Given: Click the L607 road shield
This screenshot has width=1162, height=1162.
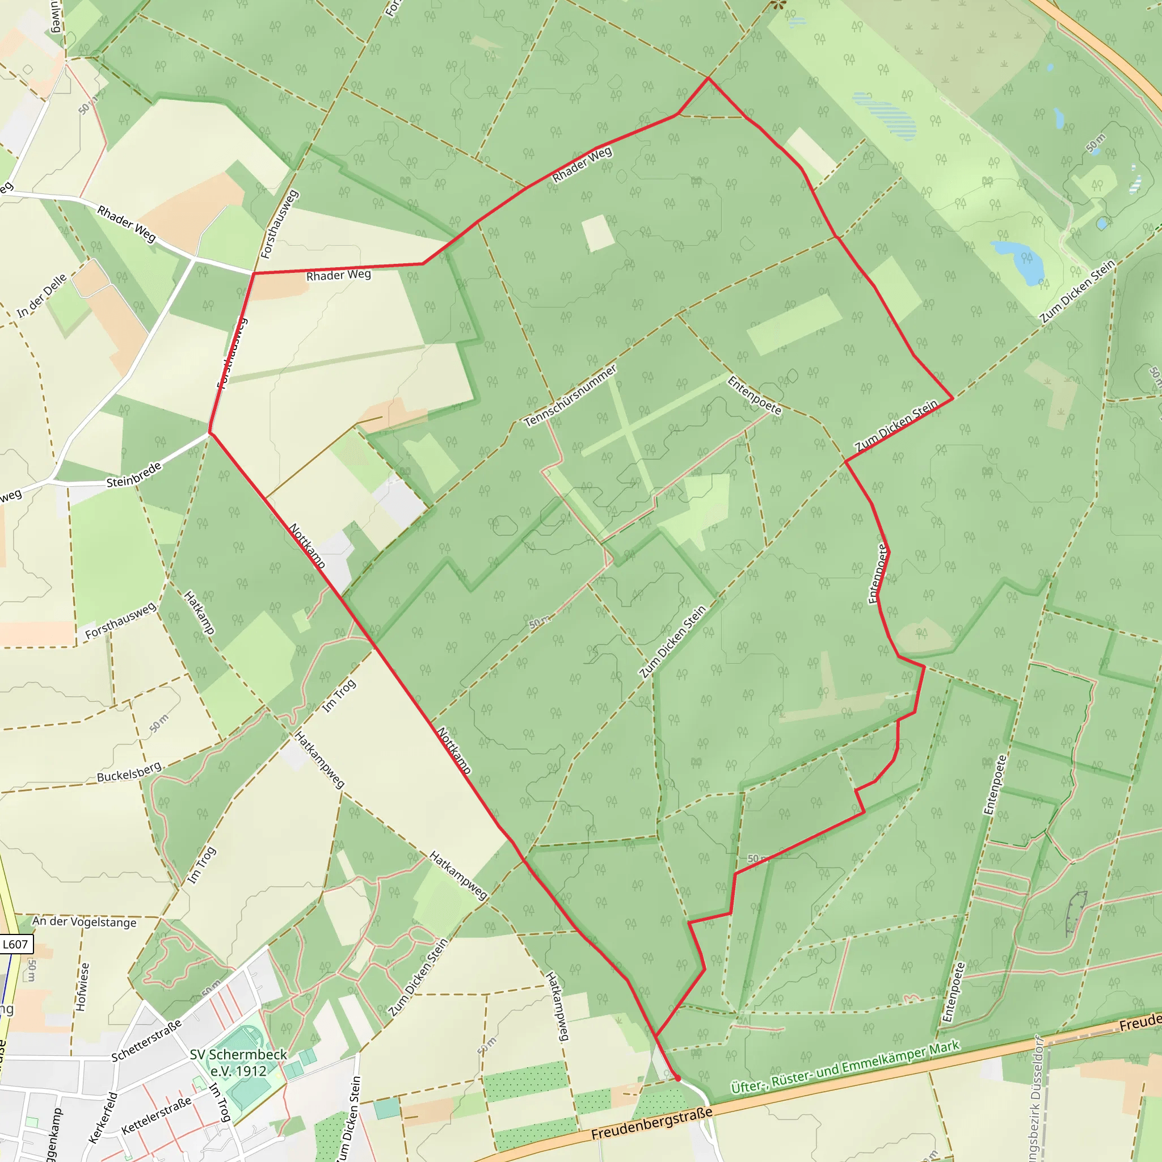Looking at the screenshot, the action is pyautogui.click(x=15, y=944).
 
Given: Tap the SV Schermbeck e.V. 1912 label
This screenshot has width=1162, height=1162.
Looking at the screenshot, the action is pyautogui.click(x=238, y=1063).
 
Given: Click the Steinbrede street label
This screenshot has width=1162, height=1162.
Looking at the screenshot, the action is pyautogui.click(x=133, y=474).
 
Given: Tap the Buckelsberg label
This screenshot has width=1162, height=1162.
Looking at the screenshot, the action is pyautogui.click(x=129, y=772).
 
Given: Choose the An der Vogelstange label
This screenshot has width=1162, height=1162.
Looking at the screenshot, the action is pyautogui.click(x=84, y=922).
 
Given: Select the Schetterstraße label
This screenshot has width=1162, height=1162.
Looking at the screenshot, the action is pyautogui.click(x=146, y=1041).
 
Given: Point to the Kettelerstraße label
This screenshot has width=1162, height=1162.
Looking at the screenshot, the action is pyautogui.click(x=157, y=1115).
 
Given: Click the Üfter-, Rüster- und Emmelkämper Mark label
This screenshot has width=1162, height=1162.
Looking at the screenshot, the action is pyautogui.click(x=845, y=1067).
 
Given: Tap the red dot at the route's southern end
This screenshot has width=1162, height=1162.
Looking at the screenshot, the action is pyautogui.click(x=678, y=1079).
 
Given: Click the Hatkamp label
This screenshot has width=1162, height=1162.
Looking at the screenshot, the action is pyautogui.click(x=199, y=612).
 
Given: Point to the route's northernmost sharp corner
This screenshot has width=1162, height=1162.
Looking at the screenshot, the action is pyautogui.click(x=708, y=78).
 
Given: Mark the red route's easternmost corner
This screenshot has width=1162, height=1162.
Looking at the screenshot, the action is pyautogui.click(x=953, y=398).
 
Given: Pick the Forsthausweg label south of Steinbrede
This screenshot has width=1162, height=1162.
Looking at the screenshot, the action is pyautogui.click(x=120, y=620).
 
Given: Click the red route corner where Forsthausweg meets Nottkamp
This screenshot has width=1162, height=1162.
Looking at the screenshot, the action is pyautogui.click(x=209, y=432).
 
